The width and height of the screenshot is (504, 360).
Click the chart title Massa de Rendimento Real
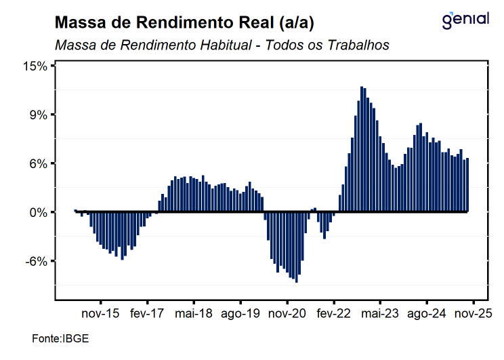[x=184, y=23]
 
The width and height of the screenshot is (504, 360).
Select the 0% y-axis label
[x=38, y=212]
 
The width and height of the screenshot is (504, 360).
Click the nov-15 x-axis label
[x=101, y=315]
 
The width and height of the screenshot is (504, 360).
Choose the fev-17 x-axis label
[x=148, y=315]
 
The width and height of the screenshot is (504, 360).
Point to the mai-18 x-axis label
[x=194, y=315]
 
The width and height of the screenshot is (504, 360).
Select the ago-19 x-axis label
[x=240, y=315]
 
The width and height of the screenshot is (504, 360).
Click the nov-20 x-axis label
[x=287, y=315]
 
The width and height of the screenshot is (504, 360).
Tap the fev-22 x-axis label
[x=334, y=315]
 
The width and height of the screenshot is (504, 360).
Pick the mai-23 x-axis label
[x=380, y=315]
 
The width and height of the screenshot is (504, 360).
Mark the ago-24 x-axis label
[x=427, y=315]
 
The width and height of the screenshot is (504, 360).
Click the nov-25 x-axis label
[x=473, y=315]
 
